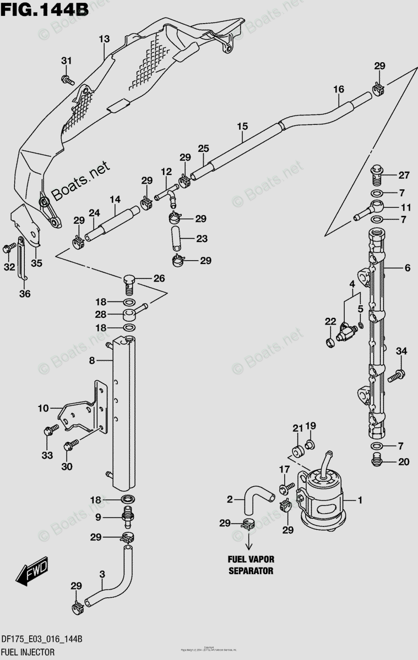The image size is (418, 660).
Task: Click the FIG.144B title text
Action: (40, 10)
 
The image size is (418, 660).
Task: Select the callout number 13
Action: (105, 39)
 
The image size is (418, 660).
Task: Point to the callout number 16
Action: (338, 89)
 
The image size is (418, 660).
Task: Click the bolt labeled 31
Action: (68, 80)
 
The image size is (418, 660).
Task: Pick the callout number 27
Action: (404, 175)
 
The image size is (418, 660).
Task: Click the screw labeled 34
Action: (395, 377)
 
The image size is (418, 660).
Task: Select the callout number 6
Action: (407, 268)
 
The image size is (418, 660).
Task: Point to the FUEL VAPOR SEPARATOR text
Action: (251, 565)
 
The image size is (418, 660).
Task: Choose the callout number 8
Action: (93, 361)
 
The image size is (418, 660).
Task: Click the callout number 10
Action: (44, 408)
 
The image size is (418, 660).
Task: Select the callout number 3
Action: (102, 575)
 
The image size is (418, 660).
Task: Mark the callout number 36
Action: (25, 294)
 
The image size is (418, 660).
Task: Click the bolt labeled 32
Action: (9, 249)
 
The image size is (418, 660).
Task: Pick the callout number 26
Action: (159, 278)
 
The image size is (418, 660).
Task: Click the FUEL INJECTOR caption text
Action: (27, 652)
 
